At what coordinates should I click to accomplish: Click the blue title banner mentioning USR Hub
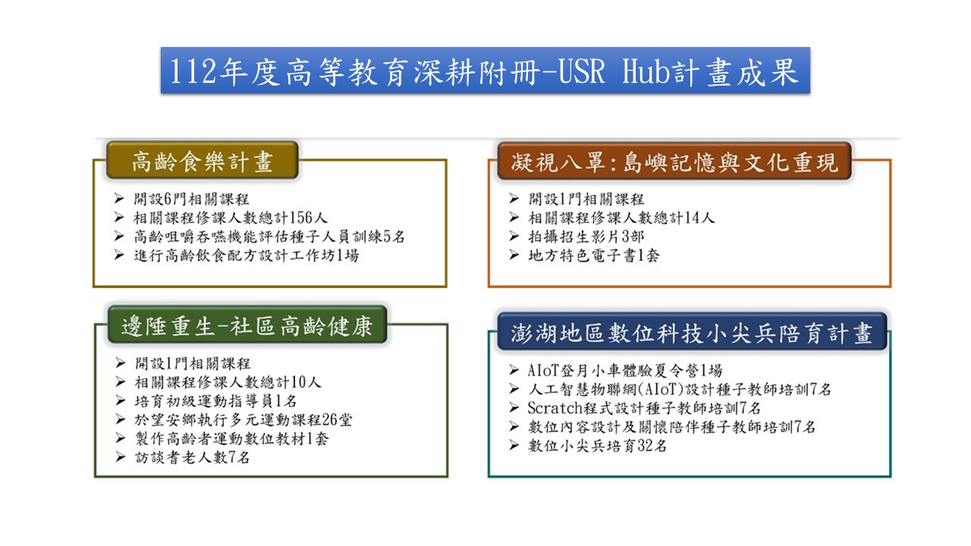tap(485, 71)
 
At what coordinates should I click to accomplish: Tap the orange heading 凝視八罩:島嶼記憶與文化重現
tap(674, 161)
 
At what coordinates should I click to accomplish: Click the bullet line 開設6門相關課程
tap(191, 199)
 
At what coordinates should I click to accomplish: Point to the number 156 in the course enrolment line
tap(301, 218)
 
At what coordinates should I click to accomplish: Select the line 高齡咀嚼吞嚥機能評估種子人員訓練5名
tap(269, 237)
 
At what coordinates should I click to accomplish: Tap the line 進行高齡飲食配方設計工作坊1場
tap(247, 256)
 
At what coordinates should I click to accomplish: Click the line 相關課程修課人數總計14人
tap(621, 218)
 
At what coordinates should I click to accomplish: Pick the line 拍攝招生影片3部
tap(586, 237)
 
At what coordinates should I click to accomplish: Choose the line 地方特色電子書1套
tap(594, 256)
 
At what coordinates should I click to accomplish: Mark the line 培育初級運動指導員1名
tap(215, 401)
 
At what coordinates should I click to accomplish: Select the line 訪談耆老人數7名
tap(192, 457)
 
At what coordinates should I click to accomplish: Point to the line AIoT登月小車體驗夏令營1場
tap(625, 371)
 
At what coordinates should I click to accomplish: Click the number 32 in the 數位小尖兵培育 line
tap(646, 445)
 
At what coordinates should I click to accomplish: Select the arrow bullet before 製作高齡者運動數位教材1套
tap(121, 438)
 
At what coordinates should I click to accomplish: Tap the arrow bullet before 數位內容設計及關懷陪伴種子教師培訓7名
tap(514, 426)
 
